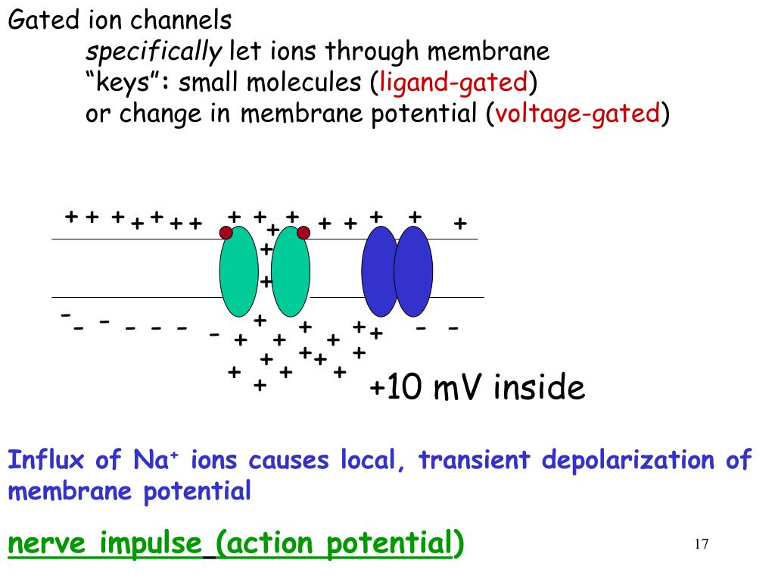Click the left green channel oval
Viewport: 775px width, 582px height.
coord(238,272)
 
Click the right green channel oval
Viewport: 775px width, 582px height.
coord(291,272)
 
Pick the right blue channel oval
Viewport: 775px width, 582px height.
coord(413,271)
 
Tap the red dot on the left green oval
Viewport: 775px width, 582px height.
coord(226,232)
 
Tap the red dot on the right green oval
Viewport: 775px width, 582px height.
coord(303,232)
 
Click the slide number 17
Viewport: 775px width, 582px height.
coord(701,544)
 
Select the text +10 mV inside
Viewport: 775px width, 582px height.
coord(477,389)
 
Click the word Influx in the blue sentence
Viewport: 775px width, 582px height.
coord(47,460)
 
